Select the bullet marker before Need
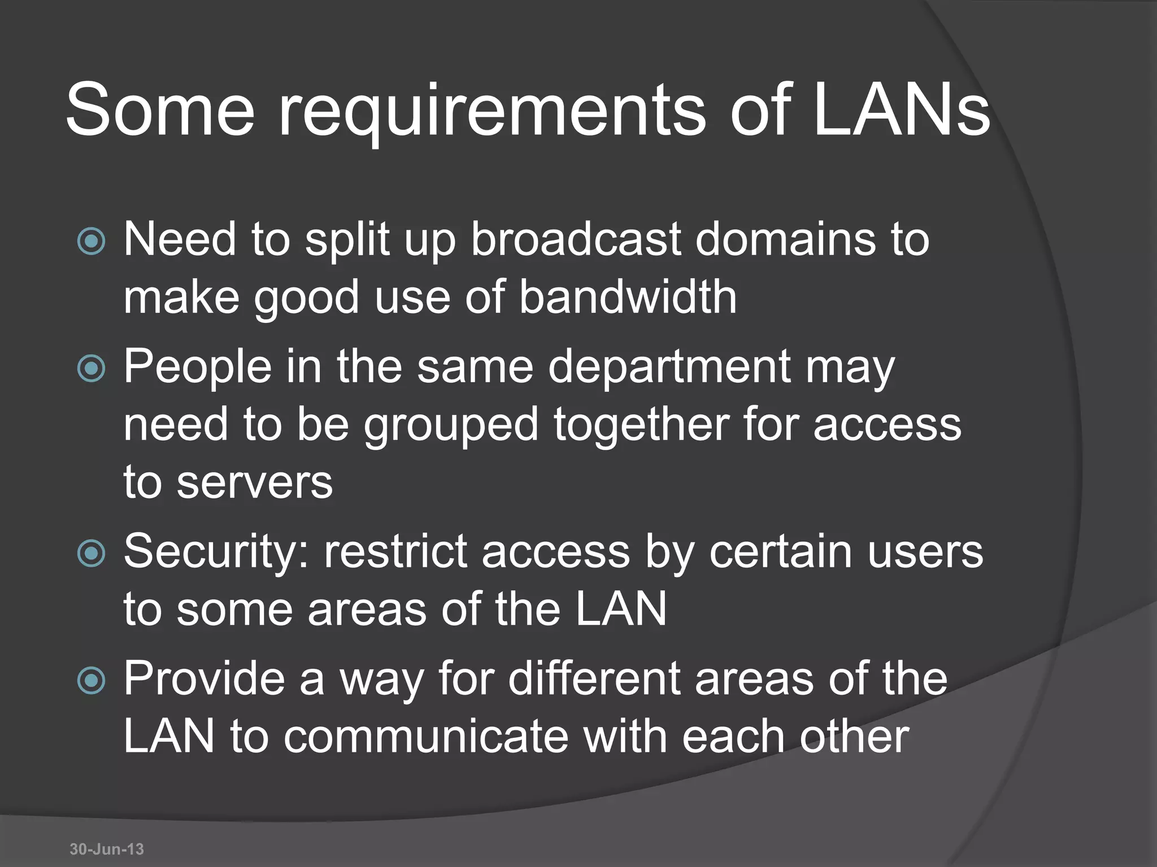[x=91, y=242]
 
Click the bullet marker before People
[x=91, y=369]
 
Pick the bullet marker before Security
[x=91, y=554]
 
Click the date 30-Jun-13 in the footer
[x=107, y=849]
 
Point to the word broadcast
[x=576, y=239]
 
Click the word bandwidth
[x=628, y=297]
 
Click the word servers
[x=255, y=483]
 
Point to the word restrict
[x=395, y=551]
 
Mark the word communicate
[x=425, y=737]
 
